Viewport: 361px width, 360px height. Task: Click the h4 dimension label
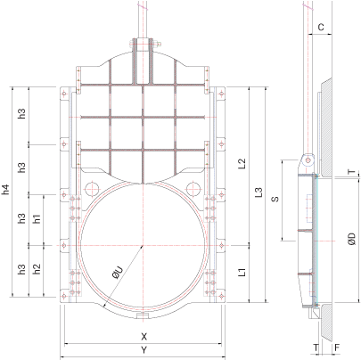click(6, 190)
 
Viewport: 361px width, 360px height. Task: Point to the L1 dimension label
click(242, 272)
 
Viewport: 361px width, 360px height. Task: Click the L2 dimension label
click(242, 164)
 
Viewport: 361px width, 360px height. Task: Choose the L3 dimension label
click(259, 192)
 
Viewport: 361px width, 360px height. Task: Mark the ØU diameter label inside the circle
click(118, 273)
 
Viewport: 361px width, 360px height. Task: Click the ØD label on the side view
click(352, 239)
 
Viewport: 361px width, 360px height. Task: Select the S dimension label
click(275, 199)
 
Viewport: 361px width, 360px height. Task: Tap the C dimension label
click(321, 28)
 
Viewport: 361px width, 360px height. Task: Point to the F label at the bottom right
click(337, 348)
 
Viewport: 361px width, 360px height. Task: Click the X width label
click(144, 337)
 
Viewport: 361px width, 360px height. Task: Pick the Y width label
click(144, 350)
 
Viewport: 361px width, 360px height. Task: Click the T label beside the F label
click(316, 348)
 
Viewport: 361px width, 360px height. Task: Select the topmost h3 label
click(21, 114)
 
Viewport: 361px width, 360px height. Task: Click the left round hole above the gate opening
click(92, 188)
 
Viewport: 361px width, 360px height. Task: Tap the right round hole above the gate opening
click(193, 188)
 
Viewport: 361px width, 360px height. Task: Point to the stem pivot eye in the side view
click(308, 160)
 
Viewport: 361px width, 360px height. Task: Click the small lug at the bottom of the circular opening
click(143, 315)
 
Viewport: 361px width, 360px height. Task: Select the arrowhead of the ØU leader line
click(104, 306)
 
